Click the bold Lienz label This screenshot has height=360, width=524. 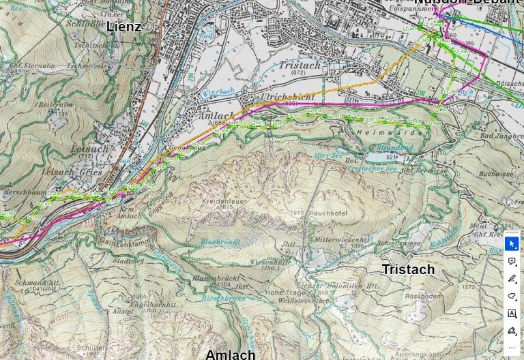(124, 27)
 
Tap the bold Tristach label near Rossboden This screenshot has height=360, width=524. (408, 269)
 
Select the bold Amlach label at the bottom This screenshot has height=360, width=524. (230, 354)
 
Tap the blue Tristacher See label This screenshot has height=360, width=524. (372, 168)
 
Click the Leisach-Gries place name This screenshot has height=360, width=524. (76, 172)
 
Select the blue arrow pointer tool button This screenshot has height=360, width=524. (512, 243)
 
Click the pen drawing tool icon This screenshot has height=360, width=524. (512, 279)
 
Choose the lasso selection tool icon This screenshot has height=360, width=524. (512, 297)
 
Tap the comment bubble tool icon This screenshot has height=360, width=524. (512, 261)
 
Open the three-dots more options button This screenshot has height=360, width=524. (512, 347)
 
